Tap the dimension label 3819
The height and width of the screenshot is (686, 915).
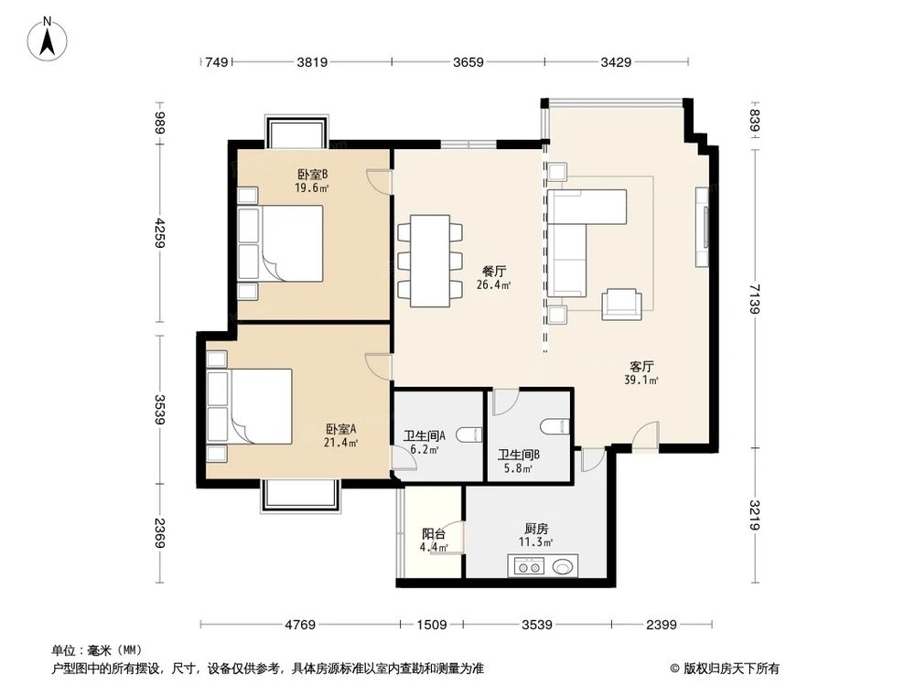(x=313, y=62)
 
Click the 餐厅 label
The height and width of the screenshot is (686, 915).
(x=494, y=271)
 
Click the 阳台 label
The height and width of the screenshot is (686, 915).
(x=434, y=534)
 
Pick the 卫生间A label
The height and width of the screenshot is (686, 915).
(x=425, y=435)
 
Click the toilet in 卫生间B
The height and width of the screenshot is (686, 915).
(x=554, y=426)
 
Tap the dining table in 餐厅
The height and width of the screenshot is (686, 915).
(x=430, y=261)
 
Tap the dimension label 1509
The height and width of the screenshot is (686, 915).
(x=431, y=626)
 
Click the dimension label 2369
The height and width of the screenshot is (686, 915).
(x=160, y=534)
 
